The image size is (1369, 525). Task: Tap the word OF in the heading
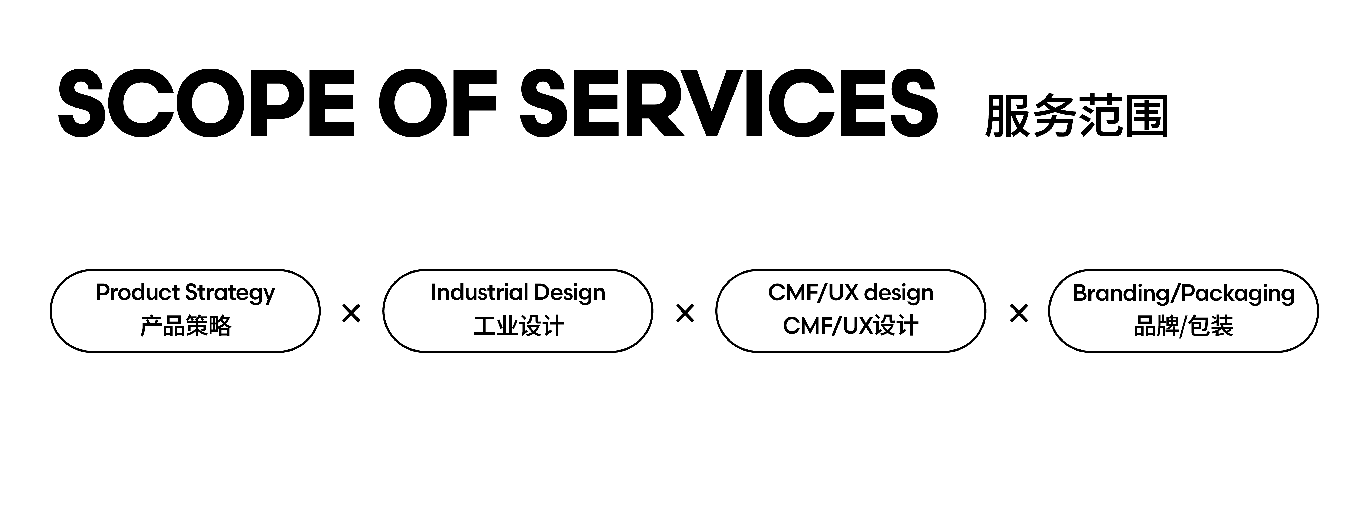(437, 103)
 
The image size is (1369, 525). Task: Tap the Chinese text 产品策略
(186, 326)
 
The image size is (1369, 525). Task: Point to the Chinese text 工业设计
(518, 326)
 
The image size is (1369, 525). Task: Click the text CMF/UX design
(850, 293)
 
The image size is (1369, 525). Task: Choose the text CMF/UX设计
(850, 326)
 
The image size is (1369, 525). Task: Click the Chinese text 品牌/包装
(1183, 326)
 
